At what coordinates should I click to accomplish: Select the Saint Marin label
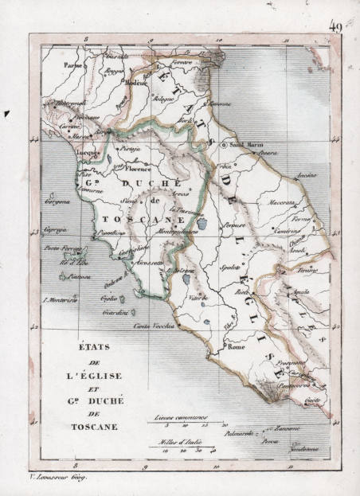245,145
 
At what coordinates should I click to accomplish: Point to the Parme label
74,64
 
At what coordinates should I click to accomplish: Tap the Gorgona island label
57,202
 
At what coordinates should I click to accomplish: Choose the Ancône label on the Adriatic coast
307,175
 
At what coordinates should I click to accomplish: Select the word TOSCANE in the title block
90,427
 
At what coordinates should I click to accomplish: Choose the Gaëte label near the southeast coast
312,399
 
